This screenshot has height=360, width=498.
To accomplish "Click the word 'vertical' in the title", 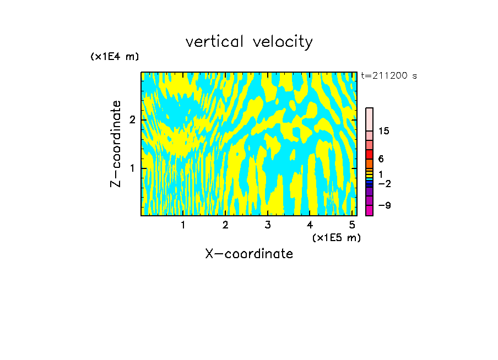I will pyautogui.click(x=213, y=42).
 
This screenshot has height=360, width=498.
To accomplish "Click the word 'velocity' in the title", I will pyautogui.click(x=283, y=42).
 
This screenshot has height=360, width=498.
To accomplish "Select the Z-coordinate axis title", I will pyautogui.click(x=116, y=144).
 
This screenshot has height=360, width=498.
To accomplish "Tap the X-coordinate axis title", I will pyautogui.click(x=249, y=254).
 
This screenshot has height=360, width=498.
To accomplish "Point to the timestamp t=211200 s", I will pyautogui.click(x=389, y=76).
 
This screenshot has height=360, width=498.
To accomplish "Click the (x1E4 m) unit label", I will pyautogui.click(x=115, y=57).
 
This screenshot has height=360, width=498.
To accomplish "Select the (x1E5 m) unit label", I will pyautogui.click(x=336, y=237).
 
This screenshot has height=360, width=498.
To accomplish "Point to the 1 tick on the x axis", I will pyautogui.click(x=183, y=225).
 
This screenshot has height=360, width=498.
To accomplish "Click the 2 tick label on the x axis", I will pyautogui.click(x=225, y=225).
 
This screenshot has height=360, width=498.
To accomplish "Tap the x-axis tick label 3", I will pyautogui.click(x=267, y=225).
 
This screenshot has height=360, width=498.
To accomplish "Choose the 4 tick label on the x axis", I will pyautogui.click(x=310, y=225).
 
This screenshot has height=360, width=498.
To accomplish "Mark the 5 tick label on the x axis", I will pyautogui.click(x=351, y=225).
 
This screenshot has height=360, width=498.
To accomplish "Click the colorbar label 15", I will pyautogui.click(x=384, y=131).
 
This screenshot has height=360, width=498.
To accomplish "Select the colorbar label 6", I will pyautogui.click(x=381, y=159).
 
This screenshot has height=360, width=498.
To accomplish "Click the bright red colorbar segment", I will pyautogui.click(x=369, y=154).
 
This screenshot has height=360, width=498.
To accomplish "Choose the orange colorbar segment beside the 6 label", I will pyautogui.click(x=369, y=163).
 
